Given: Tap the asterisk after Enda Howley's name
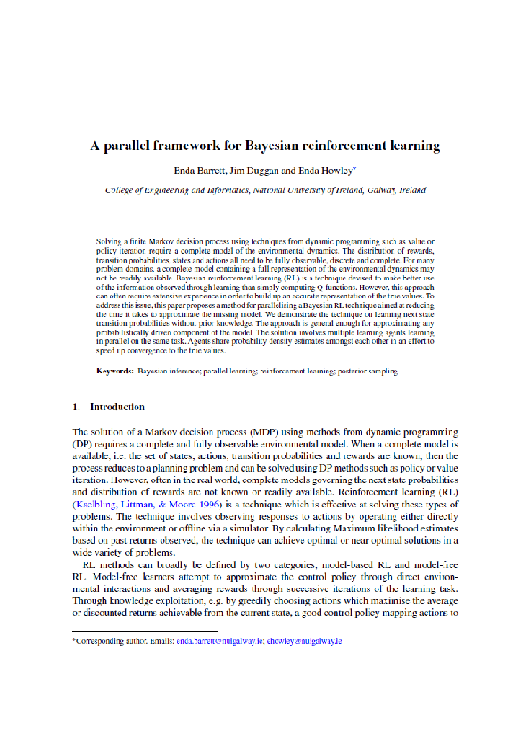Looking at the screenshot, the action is click(x=355, y=167).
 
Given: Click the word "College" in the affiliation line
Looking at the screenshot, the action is click(x=120, y=190).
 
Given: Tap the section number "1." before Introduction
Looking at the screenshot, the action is click(x=77, y=406).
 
